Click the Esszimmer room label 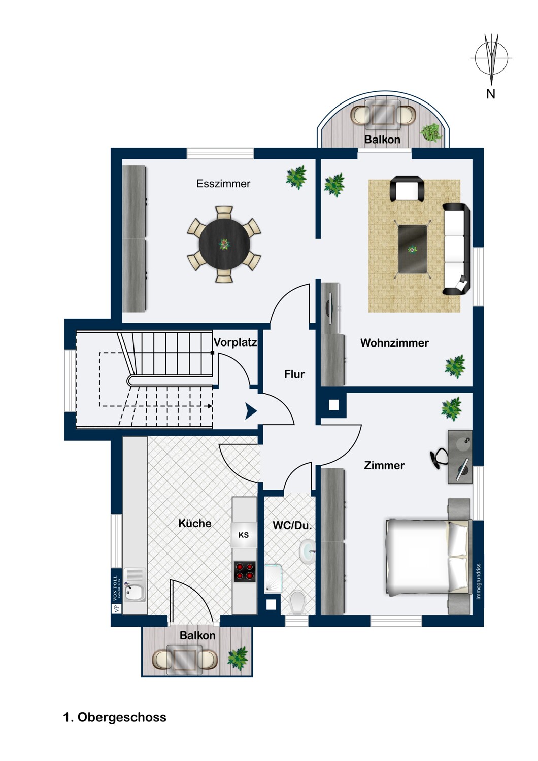click(x=223, y=184)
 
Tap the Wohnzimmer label click(x=394, y=343)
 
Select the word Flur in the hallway click(x=294, y=374)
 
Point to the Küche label click(x=195, y=523)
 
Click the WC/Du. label click(x=292, y=526)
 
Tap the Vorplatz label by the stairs click(x=235, y=342)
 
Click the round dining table click(x=224, y=244)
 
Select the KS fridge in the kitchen click(x=244, y=535)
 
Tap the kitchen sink click(x=134, y=584)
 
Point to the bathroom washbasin click(x=307, y=552)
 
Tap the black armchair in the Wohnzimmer click(x=407, y=189)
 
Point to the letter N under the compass click(x=490, y=94)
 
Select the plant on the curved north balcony click(x=431, y=132)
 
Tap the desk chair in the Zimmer click(x=439, y=458)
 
